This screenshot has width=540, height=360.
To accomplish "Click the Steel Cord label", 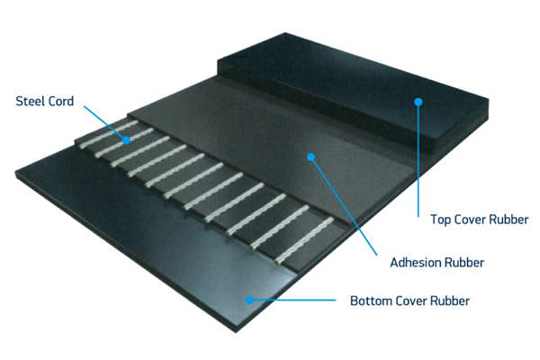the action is pos(45,101).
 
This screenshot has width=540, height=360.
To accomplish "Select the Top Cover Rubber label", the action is pos(480,220).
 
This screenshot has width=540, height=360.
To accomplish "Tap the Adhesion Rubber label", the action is pos(437,263).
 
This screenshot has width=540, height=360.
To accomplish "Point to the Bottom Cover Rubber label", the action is pos(409,301).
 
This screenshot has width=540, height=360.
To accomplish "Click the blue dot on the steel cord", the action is pos(126,140).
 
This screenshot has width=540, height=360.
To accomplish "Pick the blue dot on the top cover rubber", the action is pos(418,102).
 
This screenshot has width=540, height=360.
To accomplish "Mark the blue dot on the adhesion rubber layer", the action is pos(311,157).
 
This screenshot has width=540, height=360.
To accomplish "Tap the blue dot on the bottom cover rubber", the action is pos(249,300).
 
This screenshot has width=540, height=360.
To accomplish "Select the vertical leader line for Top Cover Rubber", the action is pos(418,160).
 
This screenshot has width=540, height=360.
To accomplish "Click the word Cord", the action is pos(60,101).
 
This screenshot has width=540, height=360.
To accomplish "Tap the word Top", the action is pos(441,220).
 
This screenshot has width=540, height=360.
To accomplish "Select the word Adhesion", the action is pos(416,263).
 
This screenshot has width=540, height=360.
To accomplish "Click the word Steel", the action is pos(30,101).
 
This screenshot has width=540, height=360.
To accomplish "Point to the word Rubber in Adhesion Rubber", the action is pos(464,263).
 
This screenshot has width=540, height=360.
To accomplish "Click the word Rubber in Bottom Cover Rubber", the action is pos(450,301).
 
